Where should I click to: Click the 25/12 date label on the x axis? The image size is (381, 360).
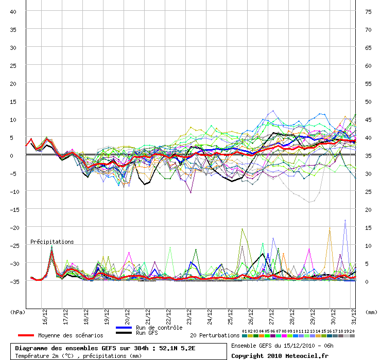click(x=230, y=317)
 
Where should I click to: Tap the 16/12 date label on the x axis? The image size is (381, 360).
click(x=45, y=317)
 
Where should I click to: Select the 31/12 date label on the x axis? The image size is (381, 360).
click(x=354, y=317)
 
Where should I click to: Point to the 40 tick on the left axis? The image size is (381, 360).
click(x=13, y=12)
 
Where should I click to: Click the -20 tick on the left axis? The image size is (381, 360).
click(x=14, y=228)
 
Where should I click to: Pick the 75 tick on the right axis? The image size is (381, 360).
click(x=368, y=12)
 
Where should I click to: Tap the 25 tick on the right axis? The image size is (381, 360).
click(x=368, y=192)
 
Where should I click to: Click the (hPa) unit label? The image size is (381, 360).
click(x=18, y=312)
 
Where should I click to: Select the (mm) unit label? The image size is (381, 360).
click(x=371, y=312)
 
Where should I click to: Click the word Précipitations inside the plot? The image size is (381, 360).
click(x=52, y=242)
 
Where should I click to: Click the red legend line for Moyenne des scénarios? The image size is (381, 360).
click(x=26, y=335)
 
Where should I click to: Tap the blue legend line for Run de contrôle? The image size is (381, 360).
click(x=124, y=328)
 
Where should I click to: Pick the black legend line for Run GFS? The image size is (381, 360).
click(x=124, y=333)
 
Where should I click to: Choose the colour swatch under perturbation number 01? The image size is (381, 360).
click(x=245, y=336)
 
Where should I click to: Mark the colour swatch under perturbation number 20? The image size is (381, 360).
click(x=352, y=336)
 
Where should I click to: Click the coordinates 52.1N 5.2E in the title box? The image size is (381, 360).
click(x=177, y=348)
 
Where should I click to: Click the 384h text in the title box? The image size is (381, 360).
click(x=141, y=348)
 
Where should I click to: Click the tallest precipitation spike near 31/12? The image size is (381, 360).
click(x=345, y=221)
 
